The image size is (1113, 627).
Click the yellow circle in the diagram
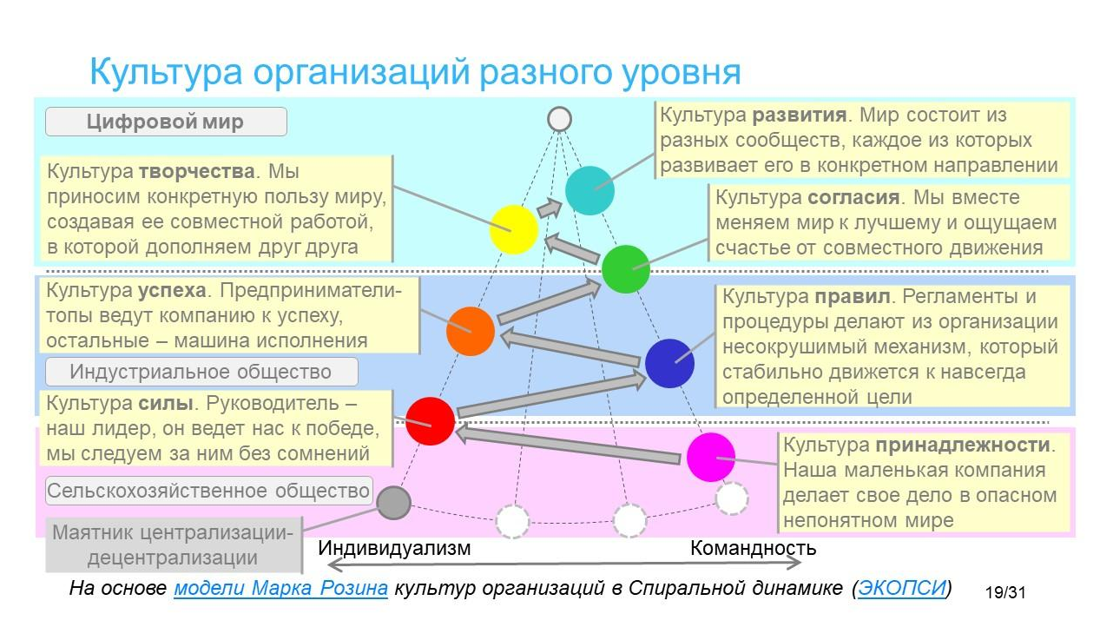pyautogui.click(x=514, y=229)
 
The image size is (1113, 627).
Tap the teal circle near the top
pyautogui.click(x=589, y=190)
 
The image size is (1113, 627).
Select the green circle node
pyautogui.click(x=626, y=269)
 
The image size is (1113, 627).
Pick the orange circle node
pyautogui.click(x=470, y=331)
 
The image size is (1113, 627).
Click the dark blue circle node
pyautogui.click(x=669, y=363)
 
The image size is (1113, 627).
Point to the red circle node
pyautogui.click(x=431, y=421)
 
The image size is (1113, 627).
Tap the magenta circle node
pyautogui.click(x=710, y=457)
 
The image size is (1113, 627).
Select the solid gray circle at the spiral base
pyautogui.click(x=393, y=503)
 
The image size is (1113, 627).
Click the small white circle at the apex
pyautogui.click(x=559, y=119)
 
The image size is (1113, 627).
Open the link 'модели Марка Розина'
pyautogui.click(x=280, y=588)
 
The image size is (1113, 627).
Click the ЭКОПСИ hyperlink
pyautogui.click(x=901, y=588)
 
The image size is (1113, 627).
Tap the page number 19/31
pyautogui.click(x=1005, y=592)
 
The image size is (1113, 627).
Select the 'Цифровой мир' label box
pyautogui.click(x=166, y=122)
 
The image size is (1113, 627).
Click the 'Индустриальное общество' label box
pyautogui.click(x=201, y=372)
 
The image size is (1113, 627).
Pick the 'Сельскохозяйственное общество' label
pyautogui.click(x=208, y=491)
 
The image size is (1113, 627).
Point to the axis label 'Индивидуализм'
pyautogui.click(x=394, y=548)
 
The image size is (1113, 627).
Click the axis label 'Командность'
pyautogui.click(x=754, y=548)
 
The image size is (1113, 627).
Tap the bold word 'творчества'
pyautogui.click(x=197, y=171)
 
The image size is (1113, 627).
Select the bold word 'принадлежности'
pyautogui.click(x=963, y=445)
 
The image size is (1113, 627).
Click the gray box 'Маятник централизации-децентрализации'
pyautogui.click(x=174, y=545)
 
